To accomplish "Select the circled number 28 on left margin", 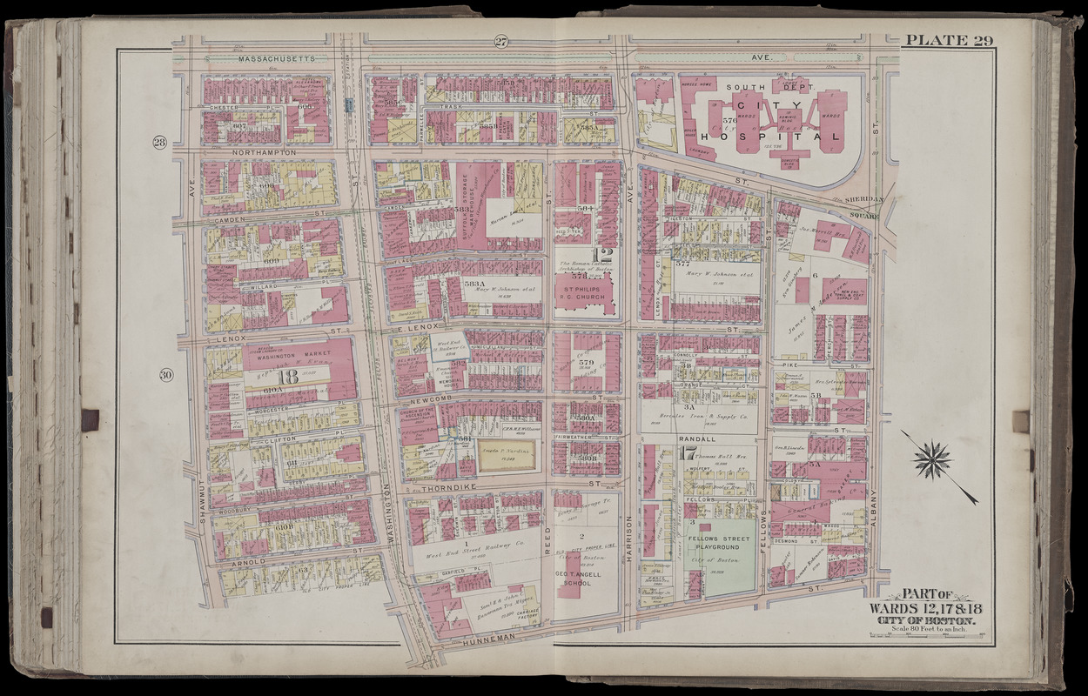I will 160,143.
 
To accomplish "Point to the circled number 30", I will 165,375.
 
